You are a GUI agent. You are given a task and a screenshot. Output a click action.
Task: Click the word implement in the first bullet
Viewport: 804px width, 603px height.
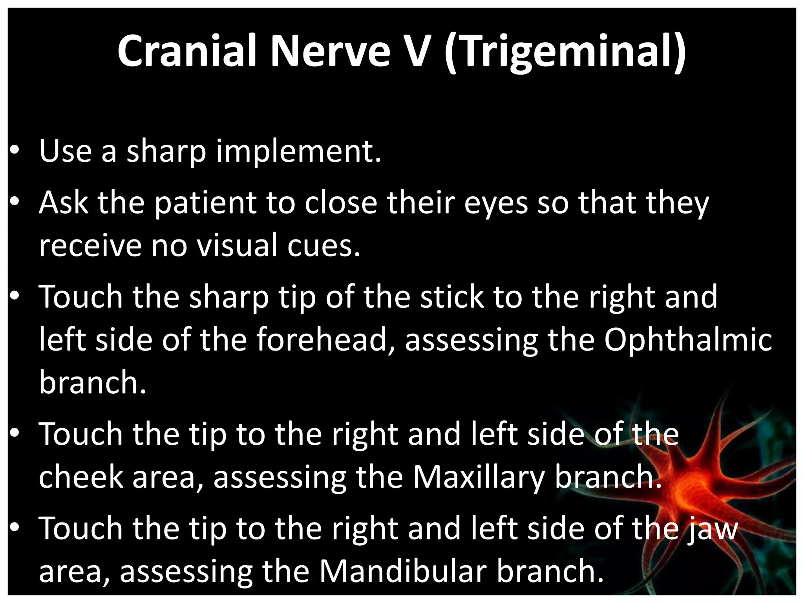coord(298,152)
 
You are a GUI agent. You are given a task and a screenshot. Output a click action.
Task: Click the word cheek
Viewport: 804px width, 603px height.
coord(80,477)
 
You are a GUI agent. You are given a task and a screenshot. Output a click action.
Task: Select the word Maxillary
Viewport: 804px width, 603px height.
coord(479,477)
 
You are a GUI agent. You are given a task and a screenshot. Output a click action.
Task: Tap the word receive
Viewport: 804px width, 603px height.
coord(90,245)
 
